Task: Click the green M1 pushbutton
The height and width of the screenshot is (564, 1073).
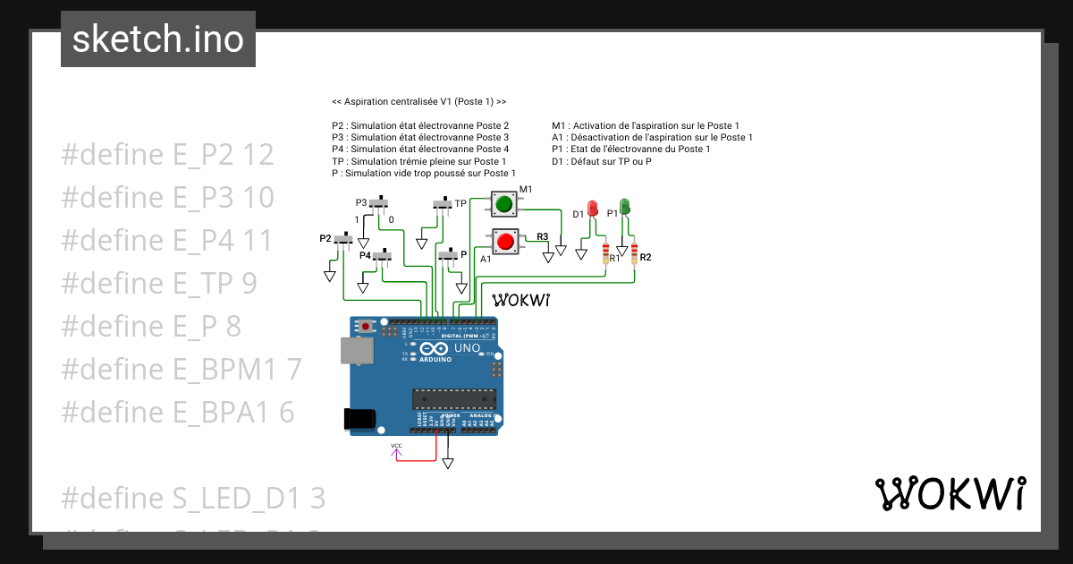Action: click(x=503, y=205)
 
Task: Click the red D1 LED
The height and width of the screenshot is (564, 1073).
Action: click(x=592, y=209)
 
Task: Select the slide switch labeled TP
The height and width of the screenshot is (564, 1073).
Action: click(x=444, y=204)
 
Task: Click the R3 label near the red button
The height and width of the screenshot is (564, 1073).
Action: click(x=542, y=236)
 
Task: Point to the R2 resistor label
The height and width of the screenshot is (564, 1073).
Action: click(x=645, y=258)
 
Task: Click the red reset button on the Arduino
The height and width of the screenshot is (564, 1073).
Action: click(x=365, y=326)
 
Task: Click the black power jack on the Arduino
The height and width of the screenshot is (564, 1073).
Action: click(x=359, y=418)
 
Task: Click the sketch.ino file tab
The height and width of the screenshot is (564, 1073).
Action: click(x=158, y=39)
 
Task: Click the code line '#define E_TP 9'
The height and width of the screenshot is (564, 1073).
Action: click(x=159, y=284)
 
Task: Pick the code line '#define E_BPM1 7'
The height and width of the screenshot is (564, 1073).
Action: click(x=182, y=370)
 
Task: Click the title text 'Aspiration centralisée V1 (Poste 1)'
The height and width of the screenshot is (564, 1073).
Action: click(x=418, y=102)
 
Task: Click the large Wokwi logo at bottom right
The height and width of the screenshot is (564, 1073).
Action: click(x=950, y=493)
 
